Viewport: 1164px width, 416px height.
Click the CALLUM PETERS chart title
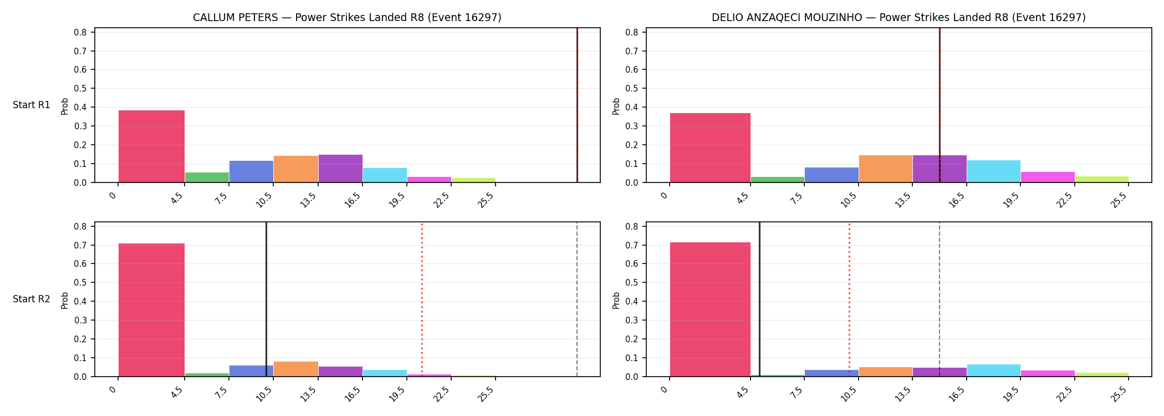pyautogui.click(x=347, y=18)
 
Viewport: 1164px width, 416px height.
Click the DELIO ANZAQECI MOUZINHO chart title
pyautogui.click(x=898, y=18)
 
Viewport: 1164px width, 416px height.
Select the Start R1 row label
pyautogui.click(x=32, y=105)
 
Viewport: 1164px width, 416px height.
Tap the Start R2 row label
pyautogui.click(x=32, y=300)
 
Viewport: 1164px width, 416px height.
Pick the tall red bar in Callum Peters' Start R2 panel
pyautogui.click(x=151, y=310)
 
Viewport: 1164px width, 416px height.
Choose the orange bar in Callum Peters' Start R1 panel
pyautogui.click(x=296, y=169)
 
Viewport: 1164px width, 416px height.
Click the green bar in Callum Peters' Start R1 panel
pyautogui.click(x=207, y=177)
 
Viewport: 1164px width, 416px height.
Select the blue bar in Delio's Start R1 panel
pyautogui.click(x=831, y=175)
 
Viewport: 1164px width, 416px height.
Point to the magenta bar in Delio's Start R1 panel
pyautogui.click(x=1048, y=177)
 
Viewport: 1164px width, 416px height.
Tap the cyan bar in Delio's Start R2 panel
pyautogui.click(x=994, y=371)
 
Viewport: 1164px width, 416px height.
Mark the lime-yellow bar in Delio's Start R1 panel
pyautogui.click(x=1102, y=179)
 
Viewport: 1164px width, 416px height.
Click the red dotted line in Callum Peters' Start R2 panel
pyautogui.click(x=422, y=300)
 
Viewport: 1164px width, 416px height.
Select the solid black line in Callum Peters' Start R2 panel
pyautogui.click(x=266, y=300)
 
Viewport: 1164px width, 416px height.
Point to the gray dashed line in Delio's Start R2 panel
pyautogui.click(x=940, y=300)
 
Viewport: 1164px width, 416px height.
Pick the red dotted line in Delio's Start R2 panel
pyautogui.click(x=849, y=300)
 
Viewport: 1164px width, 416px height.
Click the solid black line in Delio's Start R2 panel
pyautogui.click(x=759, y=300)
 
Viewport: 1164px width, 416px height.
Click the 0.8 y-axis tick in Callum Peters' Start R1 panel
pyautogui.click(x=80, y=32)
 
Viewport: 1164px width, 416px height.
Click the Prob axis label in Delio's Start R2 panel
pyautogui.click(x=616, y=300)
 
